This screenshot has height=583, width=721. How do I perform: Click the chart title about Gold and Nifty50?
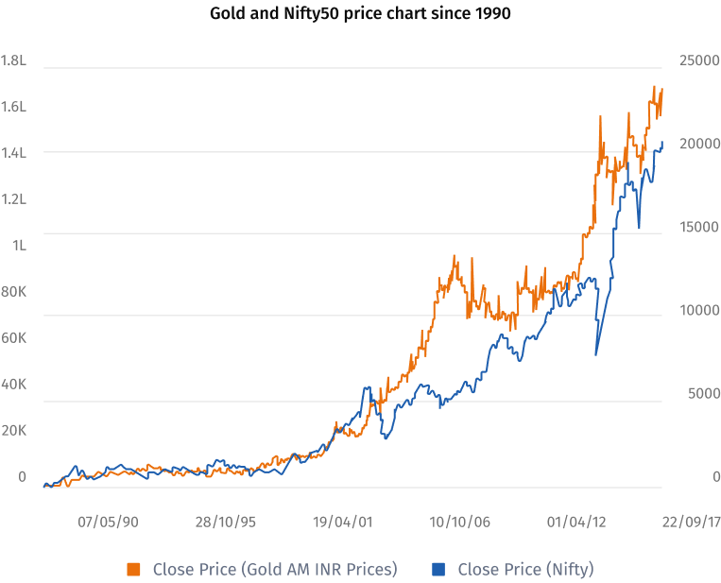pyautogui.click(x=360, y=14)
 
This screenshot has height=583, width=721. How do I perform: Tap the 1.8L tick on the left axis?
pyautogui.click(x=13, y=60)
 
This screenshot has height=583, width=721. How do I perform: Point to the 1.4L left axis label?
pyautogui.click(x=13, y=153)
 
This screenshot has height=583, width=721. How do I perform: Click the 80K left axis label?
pyautogui.click(x=13, y=292)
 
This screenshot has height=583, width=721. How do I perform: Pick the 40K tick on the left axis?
pyautogui.click(x=13, y=385)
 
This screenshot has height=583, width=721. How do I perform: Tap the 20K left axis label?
pyautogui.click(x=13, y=431)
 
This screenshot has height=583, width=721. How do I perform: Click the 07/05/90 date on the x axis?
pyautogui.click(x=109, y=521)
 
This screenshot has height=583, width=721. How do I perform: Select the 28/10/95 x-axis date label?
pyautogui.click(x=226, y=521)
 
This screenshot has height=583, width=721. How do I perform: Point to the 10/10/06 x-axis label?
pyautogui.click(x=459, y=521)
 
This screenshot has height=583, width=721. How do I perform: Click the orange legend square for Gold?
pyautogui.click(x=134, y=569)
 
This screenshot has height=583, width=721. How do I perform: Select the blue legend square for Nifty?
pyautogui.click(x=438, y=569)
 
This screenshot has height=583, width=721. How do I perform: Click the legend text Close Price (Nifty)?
pyautogui.click(x=525, y=569)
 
